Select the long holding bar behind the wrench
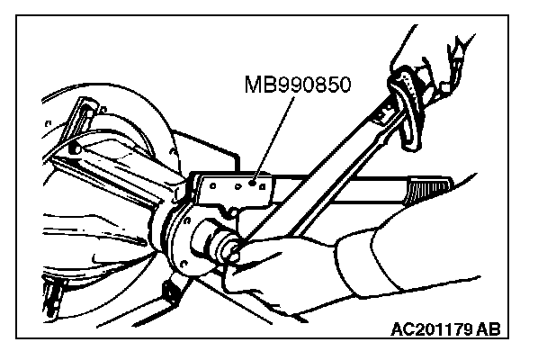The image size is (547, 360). coord(360,189)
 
